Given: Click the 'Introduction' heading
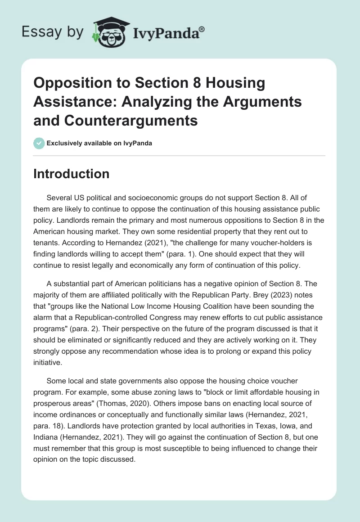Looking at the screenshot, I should pyautogui.click(x=71, y=174).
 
